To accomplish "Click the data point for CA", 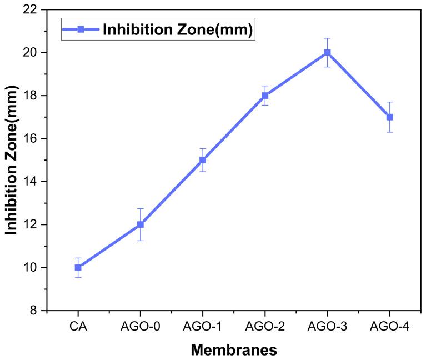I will (x=78, y=267).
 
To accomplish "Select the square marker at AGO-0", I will (x=140, y=224).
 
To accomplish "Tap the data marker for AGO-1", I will (x=203, y=160).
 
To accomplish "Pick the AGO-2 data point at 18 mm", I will (x=265, y=96).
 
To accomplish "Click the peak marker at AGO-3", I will (x=327, y=52).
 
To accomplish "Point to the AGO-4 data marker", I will (x=389, y=117).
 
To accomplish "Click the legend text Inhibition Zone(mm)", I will (x=178, y=30).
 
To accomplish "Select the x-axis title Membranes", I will (x=234, y=350).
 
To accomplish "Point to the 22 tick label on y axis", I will (x=32, y=9).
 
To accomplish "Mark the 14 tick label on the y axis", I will (x=32, y=182).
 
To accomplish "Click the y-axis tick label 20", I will (x=32, y=53).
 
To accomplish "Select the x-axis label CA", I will (x=78, y=327).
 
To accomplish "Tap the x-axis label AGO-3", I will (x=327, y=327).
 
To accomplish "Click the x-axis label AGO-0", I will (x=140, y=327).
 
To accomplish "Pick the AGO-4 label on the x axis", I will (x=389, y=327).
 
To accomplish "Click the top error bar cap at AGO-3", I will (x=327, y=38).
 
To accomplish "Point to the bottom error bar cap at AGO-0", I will (x=140, y=241).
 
